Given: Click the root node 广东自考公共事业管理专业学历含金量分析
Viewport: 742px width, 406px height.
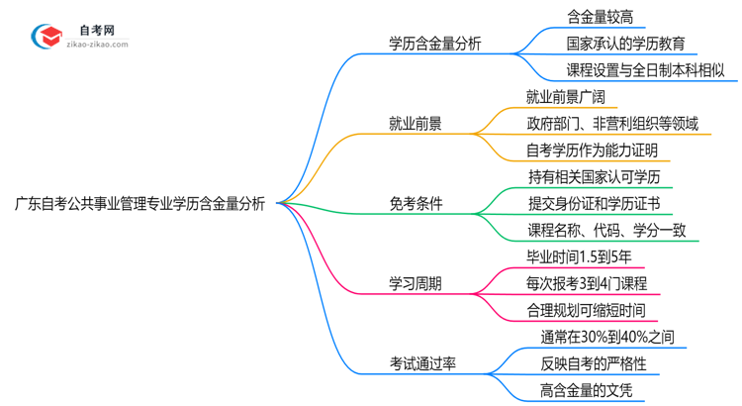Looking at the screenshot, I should click(139, 205).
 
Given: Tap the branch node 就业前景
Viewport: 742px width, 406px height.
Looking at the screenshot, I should click(416, 124).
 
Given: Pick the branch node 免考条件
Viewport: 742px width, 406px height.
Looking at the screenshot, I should click(416, 204).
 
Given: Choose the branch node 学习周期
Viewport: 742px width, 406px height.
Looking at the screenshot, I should click(416, 284).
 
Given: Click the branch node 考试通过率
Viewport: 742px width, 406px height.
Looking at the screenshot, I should click(423, 363).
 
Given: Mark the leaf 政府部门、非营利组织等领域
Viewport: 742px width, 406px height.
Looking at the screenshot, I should click(612, 124).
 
